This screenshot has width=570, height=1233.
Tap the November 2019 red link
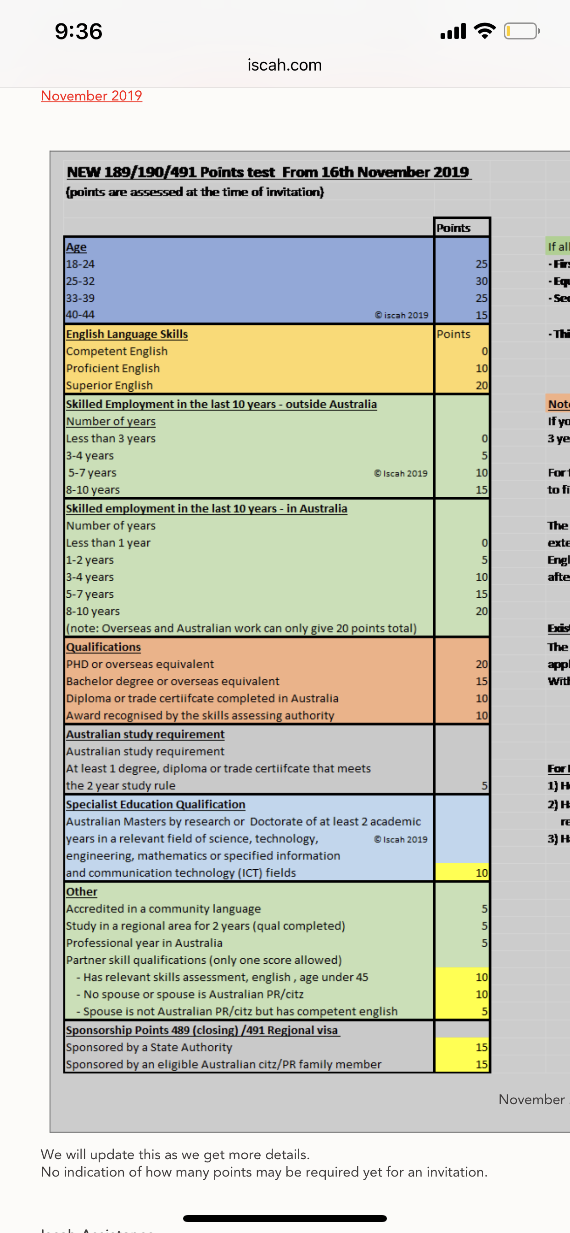pyautogui.click(x=91, y=96)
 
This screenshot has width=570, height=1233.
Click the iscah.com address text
pyautogui.click(x=285, y=65)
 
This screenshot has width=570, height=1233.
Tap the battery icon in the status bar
pyautogui.click(x=521, y=32)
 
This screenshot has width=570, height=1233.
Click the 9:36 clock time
pyautogui.click(x=78, y=32)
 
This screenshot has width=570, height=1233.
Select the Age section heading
pyautogui.click(x=76, y=247)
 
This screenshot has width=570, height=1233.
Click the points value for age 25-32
pyautogui.click(x=481, y=281)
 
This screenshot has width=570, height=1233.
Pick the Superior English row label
pyautogui.click(x=109, y=385)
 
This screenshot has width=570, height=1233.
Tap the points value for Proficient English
pyautogui.click(x=481, y=368)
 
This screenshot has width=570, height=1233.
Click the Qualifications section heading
pyautogui.click(x=103, y=647)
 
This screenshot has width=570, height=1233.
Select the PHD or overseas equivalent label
pyautogui.click(x=140, y=664)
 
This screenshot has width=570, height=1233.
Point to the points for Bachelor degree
pyautogui.click(x=481, y=681)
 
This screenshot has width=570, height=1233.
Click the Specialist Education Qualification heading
pyautogui.click(x=156, y=805)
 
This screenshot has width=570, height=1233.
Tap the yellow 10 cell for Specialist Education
pyautogui.click(x=481, y=872)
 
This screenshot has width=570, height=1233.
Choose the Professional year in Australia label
pyautogui.click(x=144, y=943)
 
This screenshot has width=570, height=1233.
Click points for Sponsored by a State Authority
pyautogui.click(x=481, y=1047)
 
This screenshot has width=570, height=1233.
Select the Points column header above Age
pyautogui.click(x=453, y=228)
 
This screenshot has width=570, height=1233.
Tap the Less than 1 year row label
pyautogui.click(x=108, y=543)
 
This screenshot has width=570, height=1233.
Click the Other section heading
pyautogui.click(x=81, y=892)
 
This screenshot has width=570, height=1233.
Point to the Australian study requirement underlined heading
pyautogui.click(x=145, y=734)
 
